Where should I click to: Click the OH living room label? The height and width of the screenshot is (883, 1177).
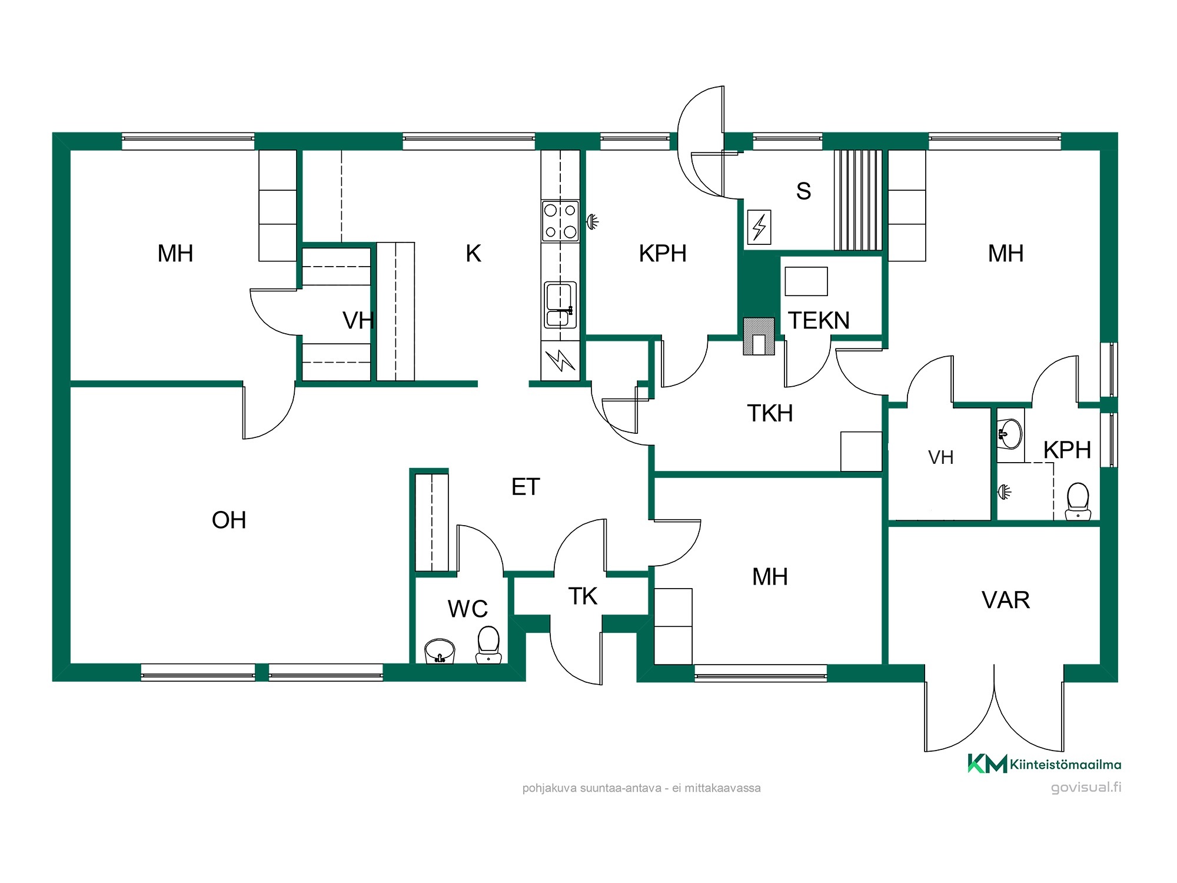(x=229, y=520)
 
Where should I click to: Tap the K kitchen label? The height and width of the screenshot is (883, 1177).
(x=473, y=254)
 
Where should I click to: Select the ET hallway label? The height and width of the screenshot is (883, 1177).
(x=526, y=487)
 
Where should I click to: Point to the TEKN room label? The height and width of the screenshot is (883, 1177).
(x=819, y=321)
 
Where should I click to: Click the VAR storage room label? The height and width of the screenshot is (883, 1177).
(x=1006, y=600)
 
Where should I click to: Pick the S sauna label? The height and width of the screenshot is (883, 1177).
(x=803, y=191)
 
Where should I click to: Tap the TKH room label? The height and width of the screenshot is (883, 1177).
(x=770, y=413)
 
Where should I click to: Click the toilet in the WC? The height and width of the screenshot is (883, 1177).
(x=488, y=645)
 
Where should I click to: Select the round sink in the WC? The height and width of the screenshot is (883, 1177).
(x=440, y=651)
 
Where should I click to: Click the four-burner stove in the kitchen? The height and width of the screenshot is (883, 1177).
(x=560, y=221)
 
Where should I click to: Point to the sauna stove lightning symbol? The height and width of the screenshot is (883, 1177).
(x=759, y=227)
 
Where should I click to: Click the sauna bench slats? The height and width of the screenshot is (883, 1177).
(x=858, y=200)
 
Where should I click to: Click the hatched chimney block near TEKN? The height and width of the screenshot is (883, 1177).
(x=759, y=337)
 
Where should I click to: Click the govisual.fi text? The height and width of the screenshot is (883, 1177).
(x=1086, y=788)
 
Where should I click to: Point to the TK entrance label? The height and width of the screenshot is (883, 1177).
(x=583, y=597)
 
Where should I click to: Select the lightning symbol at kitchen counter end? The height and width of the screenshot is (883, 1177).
(x=560, y=360)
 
